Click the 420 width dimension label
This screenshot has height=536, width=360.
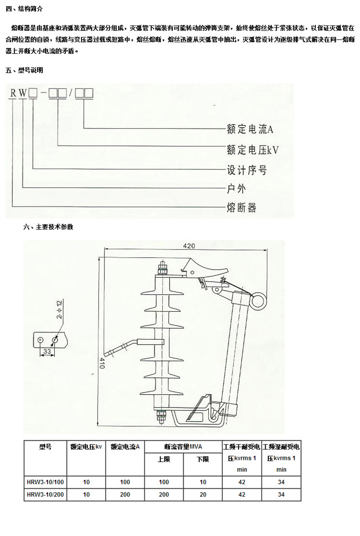point(189,246)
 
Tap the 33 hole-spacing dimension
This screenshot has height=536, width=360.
point(46,351)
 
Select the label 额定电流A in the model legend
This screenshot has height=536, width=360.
point(249,129)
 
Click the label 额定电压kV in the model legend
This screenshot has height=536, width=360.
point(252,149)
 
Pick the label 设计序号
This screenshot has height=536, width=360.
point(247,170)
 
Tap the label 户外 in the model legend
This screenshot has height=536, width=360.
point(237,189)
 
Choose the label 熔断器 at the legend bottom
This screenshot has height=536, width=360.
point(242,208)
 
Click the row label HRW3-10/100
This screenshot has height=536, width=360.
point(46,482)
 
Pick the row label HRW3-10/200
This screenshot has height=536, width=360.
point(46,494)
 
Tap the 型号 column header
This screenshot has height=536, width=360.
point(46,447)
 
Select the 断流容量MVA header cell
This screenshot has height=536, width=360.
point(183,447)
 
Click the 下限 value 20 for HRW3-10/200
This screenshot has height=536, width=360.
point(203,494)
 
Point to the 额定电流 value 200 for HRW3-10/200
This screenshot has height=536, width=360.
point(125,494)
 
